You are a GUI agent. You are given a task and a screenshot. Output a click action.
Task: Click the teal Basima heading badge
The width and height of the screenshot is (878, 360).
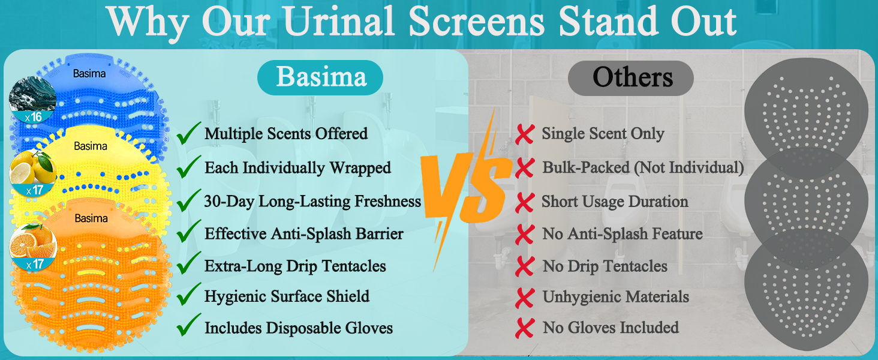320,77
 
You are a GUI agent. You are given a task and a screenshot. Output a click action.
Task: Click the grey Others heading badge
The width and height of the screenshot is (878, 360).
631,77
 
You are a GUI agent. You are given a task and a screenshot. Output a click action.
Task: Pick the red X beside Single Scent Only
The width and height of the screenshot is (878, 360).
524,134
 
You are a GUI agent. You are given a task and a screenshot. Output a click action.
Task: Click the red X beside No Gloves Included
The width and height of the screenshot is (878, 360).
524,328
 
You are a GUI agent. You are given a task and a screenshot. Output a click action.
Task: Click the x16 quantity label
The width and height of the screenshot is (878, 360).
34,117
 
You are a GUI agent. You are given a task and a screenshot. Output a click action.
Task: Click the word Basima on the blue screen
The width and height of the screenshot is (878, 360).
89,73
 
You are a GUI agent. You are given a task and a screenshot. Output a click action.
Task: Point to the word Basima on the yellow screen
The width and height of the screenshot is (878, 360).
91,146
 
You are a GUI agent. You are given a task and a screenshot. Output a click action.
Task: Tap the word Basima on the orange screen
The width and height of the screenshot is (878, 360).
91,218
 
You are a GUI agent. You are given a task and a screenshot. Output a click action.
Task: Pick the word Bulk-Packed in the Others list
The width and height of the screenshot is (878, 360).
586,167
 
